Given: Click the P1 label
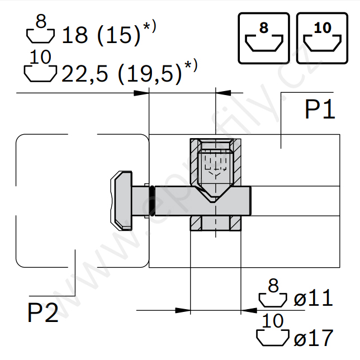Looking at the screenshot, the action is [320, 110].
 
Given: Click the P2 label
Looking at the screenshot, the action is [42, 312].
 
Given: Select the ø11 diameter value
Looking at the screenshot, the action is [313, 298].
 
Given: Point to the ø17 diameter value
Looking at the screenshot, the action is [313, 338].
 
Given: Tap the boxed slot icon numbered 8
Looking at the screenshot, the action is [264, 38].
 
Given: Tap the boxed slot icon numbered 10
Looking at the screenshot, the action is [322, 38].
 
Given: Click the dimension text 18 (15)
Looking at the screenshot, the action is [101, 35].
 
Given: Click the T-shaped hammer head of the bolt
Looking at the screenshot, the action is [121, 201].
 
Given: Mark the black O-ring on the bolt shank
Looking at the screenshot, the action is [151, 201].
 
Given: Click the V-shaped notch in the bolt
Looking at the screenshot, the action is [213, 195].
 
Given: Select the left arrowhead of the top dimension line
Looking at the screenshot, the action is [141, 93].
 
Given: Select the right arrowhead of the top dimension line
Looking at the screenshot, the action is [223, 93].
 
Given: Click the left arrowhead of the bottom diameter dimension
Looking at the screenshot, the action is [183, 310].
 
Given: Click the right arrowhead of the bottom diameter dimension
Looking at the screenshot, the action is [249, 310].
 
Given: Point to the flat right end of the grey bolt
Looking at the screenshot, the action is [250, 201].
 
